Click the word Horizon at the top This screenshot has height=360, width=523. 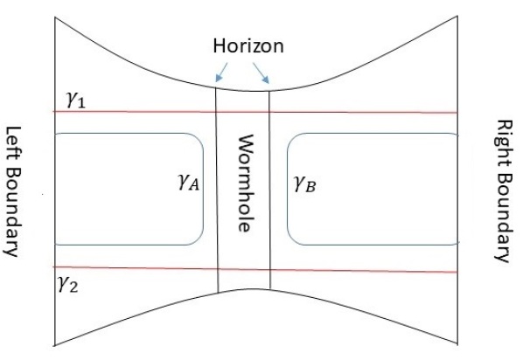tap(249, 46)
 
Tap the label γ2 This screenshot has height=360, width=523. tap(69, 284)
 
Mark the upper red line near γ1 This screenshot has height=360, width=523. tap(350, 113)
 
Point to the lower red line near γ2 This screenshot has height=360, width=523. tap(350, 270)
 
